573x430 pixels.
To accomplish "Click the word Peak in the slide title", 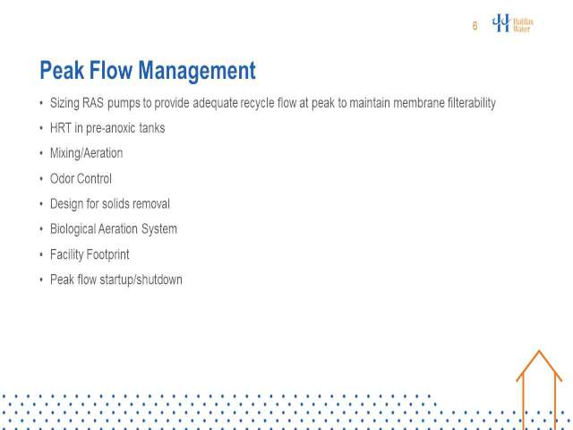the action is [x=62, y=70].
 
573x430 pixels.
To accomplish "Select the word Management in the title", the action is [x=197, y=71].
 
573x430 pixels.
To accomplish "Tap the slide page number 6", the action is [x=475, y=26].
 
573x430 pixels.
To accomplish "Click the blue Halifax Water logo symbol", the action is [x=501, y=22].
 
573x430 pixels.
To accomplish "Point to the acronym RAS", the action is [x=93, y=103].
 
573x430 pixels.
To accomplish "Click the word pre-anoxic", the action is [x=111, y=129].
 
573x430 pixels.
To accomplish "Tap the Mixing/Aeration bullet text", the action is [x=86, y=153].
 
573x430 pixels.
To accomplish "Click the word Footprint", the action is [x=107, y=254].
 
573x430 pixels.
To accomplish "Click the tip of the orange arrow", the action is [x=539, y=350].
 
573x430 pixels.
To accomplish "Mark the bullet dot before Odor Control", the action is [x=41, y=179].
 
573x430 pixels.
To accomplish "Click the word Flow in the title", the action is [x=111, y=70].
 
